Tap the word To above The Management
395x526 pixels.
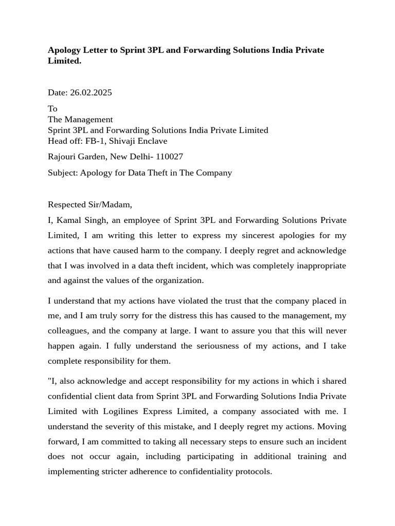point(52,108)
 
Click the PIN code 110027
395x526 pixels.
point(169,156)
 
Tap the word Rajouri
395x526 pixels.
point(63,156)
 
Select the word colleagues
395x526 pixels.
point(67,331)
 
